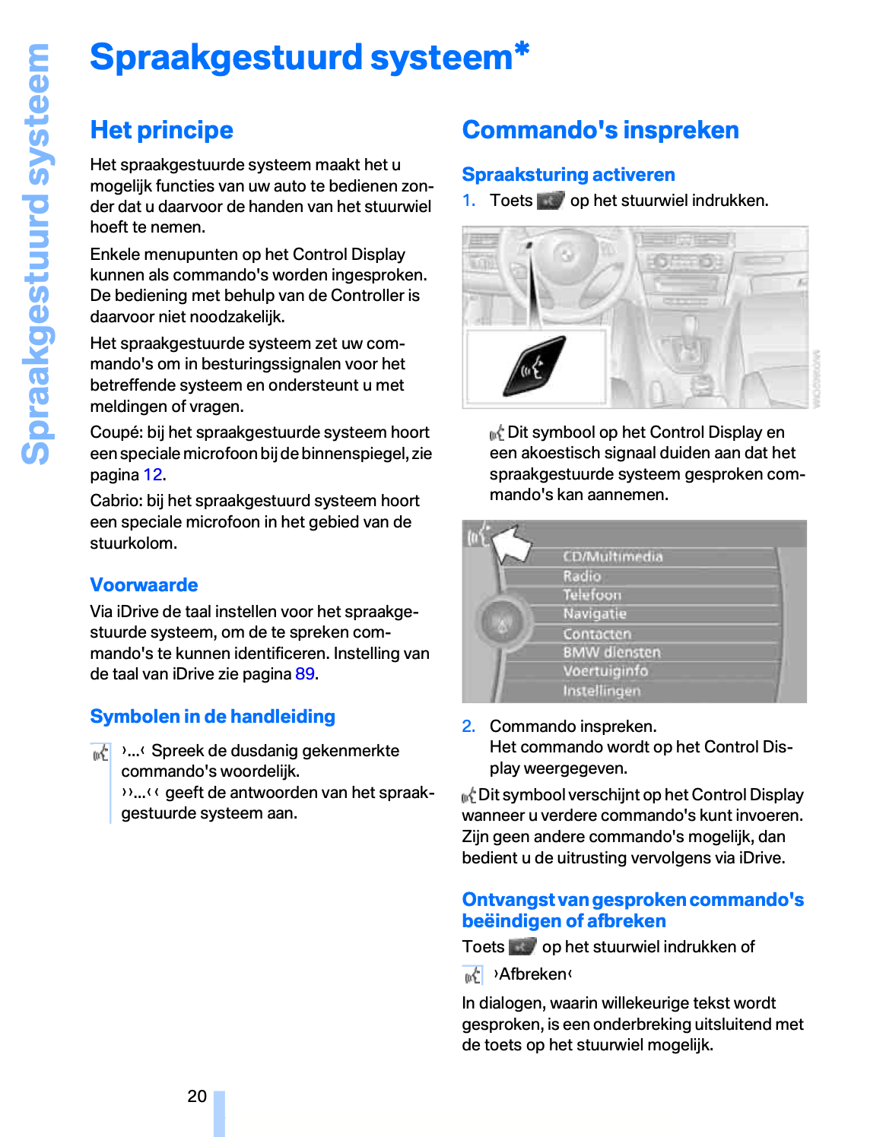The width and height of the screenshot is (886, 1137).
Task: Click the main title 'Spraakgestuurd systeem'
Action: (x=302, y=58)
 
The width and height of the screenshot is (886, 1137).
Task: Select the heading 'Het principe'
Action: (x=161, y=130)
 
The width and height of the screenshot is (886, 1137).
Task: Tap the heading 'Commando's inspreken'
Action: (x=600, y=130)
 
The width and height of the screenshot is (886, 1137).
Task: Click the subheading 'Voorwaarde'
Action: (x=144, y=584)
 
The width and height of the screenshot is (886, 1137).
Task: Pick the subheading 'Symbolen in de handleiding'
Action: (x=212, y=716)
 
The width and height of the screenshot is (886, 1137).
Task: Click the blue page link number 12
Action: (x=152, y=474)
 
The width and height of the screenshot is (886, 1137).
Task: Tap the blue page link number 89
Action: (x=304, y=673)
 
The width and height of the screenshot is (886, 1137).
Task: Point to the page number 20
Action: (x=197, y=1096)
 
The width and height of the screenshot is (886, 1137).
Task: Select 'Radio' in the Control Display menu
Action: (x=582, y=576)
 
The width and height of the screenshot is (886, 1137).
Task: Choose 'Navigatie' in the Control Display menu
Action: (x=594, y=613)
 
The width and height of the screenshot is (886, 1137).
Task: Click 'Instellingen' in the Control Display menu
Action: (x=601, y=690)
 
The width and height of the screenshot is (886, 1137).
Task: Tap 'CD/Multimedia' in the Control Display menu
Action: (x=612, y=556)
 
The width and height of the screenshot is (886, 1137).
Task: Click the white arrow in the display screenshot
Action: (x=511, y=543)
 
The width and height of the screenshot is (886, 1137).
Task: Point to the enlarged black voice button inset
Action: (x=535, y=366)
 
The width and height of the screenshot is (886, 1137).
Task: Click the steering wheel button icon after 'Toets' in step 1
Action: (x=550, y=201)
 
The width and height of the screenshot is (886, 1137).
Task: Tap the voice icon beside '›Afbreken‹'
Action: (x=472, y=974)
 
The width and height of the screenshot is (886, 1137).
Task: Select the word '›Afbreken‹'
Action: (x=532, y=974)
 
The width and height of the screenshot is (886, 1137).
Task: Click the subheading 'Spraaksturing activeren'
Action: (x=568, y=175)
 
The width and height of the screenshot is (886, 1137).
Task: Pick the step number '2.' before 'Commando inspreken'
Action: (x=468, y=726)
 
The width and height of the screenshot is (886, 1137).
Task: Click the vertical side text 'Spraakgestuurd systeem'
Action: (x=37, y=254)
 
